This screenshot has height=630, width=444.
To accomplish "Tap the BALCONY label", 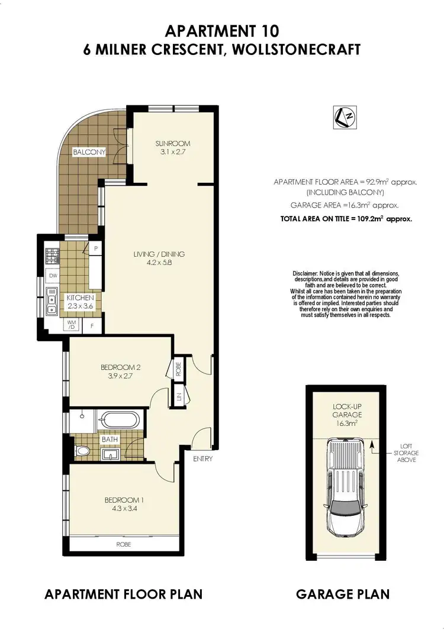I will [89, 152].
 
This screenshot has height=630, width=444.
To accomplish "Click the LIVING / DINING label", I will [159, 259].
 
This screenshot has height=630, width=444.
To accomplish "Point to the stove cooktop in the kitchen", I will [53, 256].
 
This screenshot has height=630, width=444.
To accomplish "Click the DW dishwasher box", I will [53, 276].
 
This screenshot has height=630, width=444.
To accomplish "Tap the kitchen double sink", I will [52, 300].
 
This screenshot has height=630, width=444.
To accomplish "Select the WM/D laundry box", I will [72, 325].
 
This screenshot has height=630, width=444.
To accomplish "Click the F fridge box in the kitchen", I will [92, 325].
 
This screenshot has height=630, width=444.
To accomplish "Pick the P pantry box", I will [94, 249].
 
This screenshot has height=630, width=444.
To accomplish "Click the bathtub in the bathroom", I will [120, 421].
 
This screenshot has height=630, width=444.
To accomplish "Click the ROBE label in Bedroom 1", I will [123, 544].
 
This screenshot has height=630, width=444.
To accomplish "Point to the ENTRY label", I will [202, 458].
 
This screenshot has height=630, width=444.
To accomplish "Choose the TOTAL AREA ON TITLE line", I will [346, 218].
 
